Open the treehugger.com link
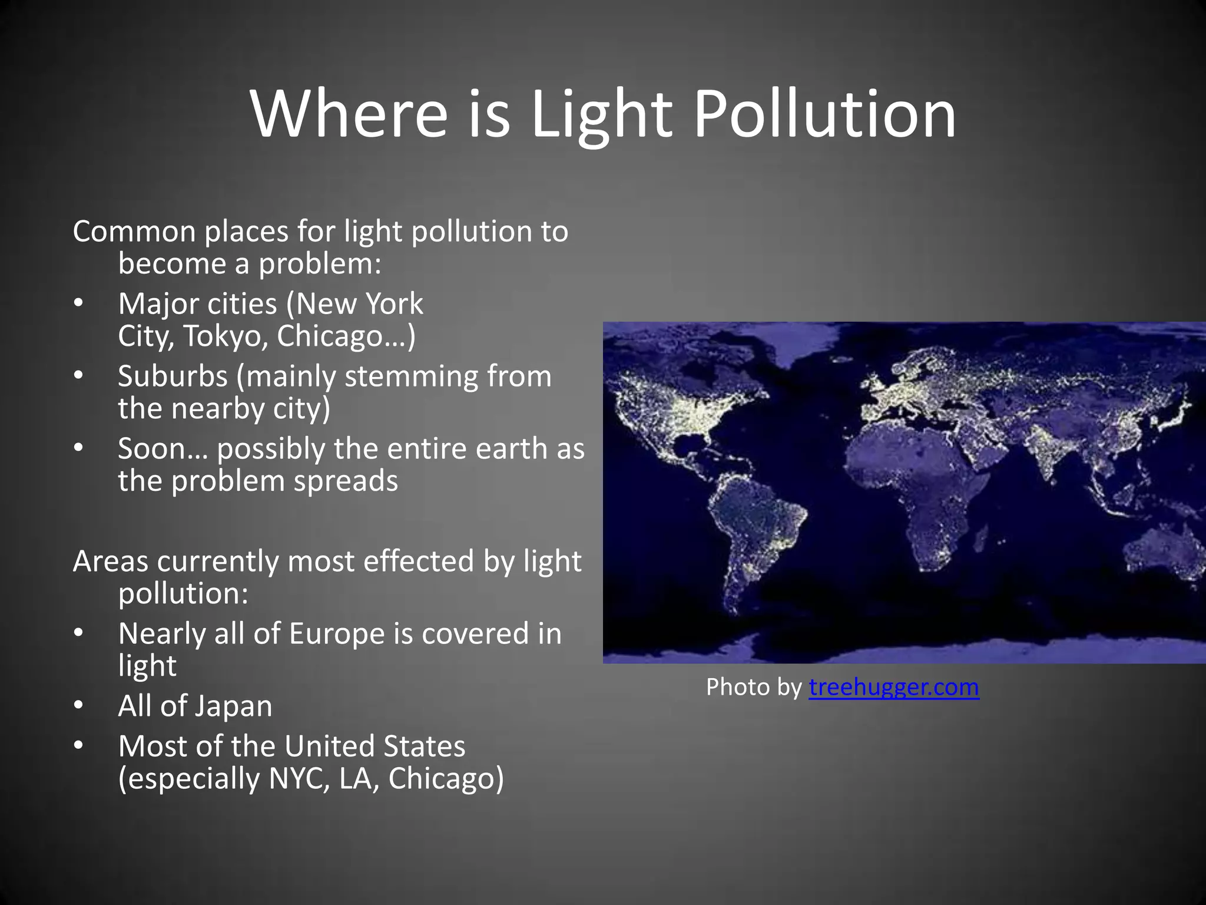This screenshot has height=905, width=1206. click(x=893, y=687)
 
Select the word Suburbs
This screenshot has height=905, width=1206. click(x=173, y=376)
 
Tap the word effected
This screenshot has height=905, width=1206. click(x=418, y=561)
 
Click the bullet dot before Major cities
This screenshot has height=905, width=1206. click(x=79, y=304)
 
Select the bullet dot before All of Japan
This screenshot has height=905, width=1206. click(x=79, y=706)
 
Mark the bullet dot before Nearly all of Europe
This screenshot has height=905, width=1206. click(x=79, y=634)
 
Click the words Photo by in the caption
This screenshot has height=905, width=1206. click(x=754, y=687)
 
